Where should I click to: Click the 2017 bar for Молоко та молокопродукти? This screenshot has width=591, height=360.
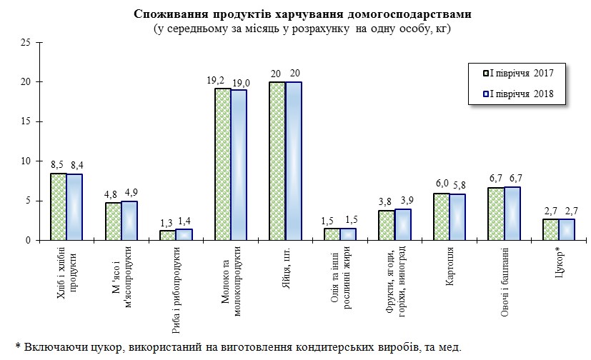pos(223,164)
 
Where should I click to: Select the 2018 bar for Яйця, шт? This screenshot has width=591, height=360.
pos(294,161)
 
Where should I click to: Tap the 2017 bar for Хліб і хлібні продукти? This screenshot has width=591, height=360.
pos(58,207)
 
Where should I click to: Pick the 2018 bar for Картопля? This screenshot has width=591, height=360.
pos(458,217)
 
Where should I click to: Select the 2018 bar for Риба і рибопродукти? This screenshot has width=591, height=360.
pos(184,234)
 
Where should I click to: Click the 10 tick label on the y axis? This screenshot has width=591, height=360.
pos(24,161)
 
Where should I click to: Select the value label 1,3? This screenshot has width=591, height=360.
pos(167,222)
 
